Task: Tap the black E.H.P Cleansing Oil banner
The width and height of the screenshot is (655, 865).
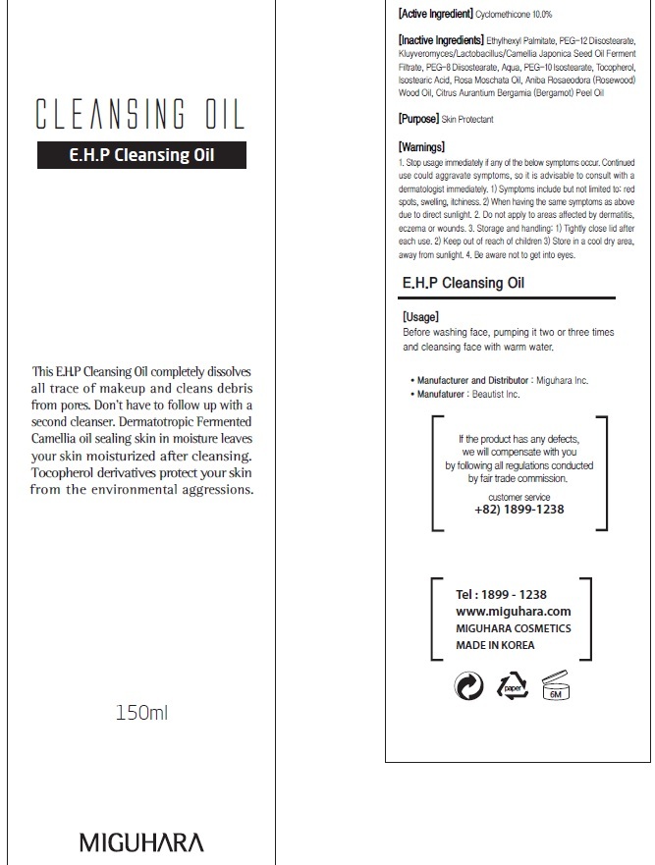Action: (141, 155)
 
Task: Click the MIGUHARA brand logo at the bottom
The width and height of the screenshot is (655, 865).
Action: (141, 842)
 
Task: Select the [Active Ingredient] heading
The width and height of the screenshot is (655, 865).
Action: (434, 15)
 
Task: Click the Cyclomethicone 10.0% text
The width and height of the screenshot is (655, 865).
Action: (514, 16)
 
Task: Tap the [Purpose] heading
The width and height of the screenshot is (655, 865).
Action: (417, 119)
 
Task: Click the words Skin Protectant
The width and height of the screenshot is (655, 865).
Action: (467, 120)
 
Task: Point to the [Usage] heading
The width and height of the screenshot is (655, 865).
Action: (420, 317)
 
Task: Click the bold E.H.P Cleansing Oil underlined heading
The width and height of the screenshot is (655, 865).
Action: (464, 283)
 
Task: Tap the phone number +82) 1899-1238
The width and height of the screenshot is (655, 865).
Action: (519, 510)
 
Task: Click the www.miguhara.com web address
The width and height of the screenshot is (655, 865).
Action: (500, 612)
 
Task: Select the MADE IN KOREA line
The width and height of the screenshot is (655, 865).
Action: (496, 645)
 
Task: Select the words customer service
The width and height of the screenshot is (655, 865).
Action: (519, 498)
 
